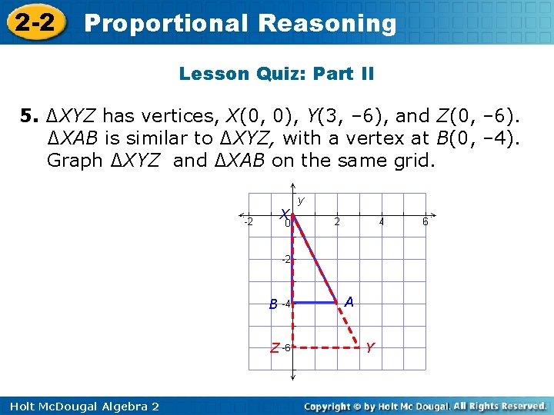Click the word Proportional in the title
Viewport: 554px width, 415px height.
tap(165, 23)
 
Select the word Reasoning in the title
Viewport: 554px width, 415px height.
tap(328, 23)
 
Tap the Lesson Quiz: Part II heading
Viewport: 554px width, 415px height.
tap(276, 75)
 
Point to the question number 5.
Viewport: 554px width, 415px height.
tap(28, 117)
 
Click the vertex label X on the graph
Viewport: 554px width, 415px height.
tap(285, 214)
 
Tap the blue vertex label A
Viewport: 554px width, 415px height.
tap(349, 303)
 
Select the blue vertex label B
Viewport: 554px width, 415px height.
tap(273, 304)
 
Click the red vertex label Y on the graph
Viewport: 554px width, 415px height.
tap(370, 347)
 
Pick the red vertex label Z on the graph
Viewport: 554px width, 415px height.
tap(275, 348)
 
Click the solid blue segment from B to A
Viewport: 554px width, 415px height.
tap(315, 303)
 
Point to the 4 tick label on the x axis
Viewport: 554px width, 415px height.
tap(381, 222)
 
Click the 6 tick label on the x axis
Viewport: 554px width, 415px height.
tap(425, 222)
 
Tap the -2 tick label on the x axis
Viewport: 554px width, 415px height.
tap(249, 222)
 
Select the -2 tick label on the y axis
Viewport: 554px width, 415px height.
tap(285, 260)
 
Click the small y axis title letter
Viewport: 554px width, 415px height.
tap(301, 201)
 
